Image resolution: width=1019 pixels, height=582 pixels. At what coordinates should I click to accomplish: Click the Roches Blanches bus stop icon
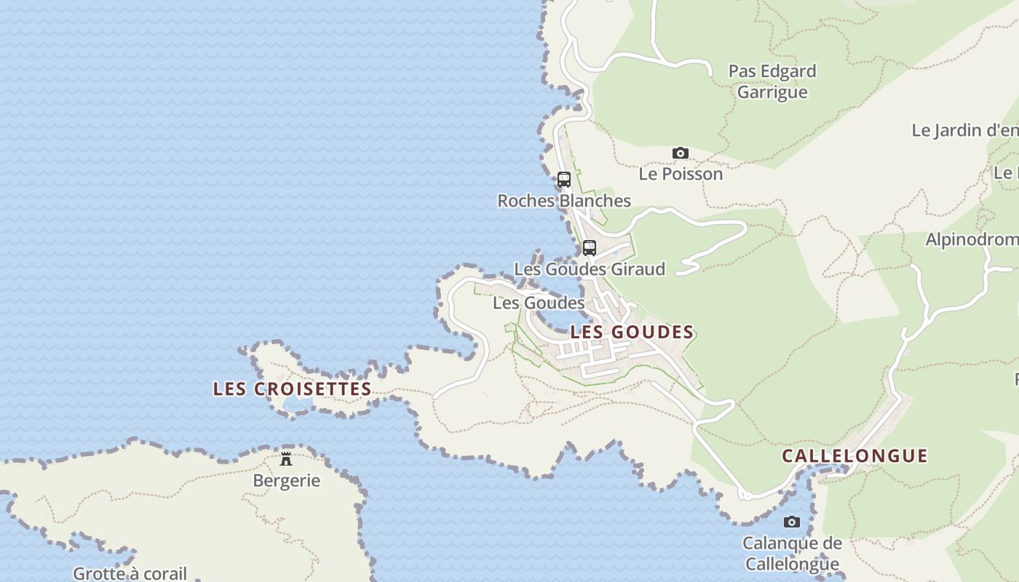click(x=564, y=179)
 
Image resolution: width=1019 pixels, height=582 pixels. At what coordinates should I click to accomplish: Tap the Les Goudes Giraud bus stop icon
click(x=590, y=247)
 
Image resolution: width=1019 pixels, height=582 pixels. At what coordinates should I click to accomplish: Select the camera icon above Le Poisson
click(x=681, y=153)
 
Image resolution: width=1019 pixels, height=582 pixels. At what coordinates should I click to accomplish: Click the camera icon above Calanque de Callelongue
click(x=792, y=522)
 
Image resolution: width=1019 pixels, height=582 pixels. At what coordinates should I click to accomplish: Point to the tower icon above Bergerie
click(x=286, y=459)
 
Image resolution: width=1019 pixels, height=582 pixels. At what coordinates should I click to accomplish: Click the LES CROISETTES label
click(x=293, y=389)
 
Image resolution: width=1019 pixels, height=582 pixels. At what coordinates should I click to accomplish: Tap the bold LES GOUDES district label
click(x=632, y=332)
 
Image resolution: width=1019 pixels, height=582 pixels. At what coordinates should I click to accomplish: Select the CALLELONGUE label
click(x=855, y=456)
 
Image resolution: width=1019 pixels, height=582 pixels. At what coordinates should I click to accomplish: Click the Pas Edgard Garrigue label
click(x=772, y=81)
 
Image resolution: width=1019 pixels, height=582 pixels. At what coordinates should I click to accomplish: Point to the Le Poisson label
click(x=681, y=174)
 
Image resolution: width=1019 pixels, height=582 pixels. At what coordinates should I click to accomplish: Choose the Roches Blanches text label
click(x=564, y=201)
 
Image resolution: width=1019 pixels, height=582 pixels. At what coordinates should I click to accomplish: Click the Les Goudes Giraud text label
click(x=590, y=269)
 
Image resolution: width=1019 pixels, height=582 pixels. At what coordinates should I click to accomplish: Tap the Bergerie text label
click(x=286, y=481)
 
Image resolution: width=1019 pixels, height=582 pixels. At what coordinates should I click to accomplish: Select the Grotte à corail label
click(x=130, y=573)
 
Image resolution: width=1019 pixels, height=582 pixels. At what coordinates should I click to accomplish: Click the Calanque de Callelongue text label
click(x=792, y=553)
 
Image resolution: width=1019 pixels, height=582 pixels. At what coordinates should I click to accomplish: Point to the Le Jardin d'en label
click(x=965, y=130)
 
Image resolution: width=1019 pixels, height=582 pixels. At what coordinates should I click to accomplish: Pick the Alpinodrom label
click(x=972, y=239)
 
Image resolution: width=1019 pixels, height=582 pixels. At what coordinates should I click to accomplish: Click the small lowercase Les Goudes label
click(x=539, y=303)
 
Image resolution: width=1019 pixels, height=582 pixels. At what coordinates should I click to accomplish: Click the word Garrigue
click(x=772, y=92)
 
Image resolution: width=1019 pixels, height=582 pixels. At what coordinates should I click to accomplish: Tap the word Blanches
click(x=595, y=201)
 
